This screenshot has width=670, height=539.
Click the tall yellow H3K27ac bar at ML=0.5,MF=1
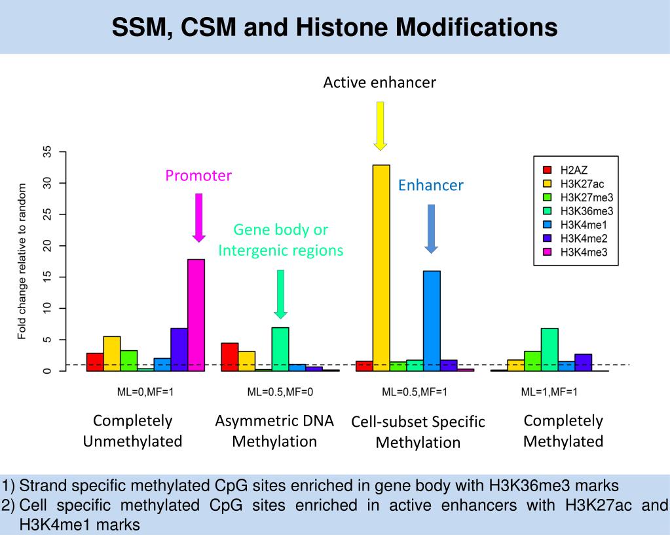pyautogui.click(x=381, y=268)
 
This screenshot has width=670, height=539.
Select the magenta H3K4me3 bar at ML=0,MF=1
pyautogui.click(x=196, y=315)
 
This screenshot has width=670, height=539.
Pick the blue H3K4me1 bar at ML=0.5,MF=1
pyautogui.click(x=432, y=321)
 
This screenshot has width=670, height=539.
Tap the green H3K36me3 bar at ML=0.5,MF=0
pyautogui.click(x=280, y=349)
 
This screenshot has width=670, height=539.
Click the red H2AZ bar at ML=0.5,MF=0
pyautogui.click(x=230, y=357)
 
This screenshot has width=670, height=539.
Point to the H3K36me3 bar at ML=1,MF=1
pyautogui.click(x=549, y=349)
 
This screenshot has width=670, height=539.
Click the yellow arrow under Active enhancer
pyautogui.click(x=380, y=125)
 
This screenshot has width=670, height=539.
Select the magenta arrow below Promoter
pyautogui.click(x=199, y=217)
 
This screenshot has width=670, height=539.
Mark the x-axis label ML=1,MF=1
pyautogui.click(x=549, y=393)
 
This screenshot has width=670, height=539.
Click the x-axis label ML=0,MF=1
pyautogui.click(x=145, y=393)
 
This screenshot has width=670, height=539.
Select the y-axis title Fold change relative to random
pyautogui.click(x=22, y=262)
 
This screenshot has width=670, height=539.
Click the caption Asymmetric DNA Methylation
pyautogui.click(x=274, y=431)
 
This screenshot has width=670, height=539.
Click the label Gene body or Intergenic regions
pyautogui.click(x=280, y=240)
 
